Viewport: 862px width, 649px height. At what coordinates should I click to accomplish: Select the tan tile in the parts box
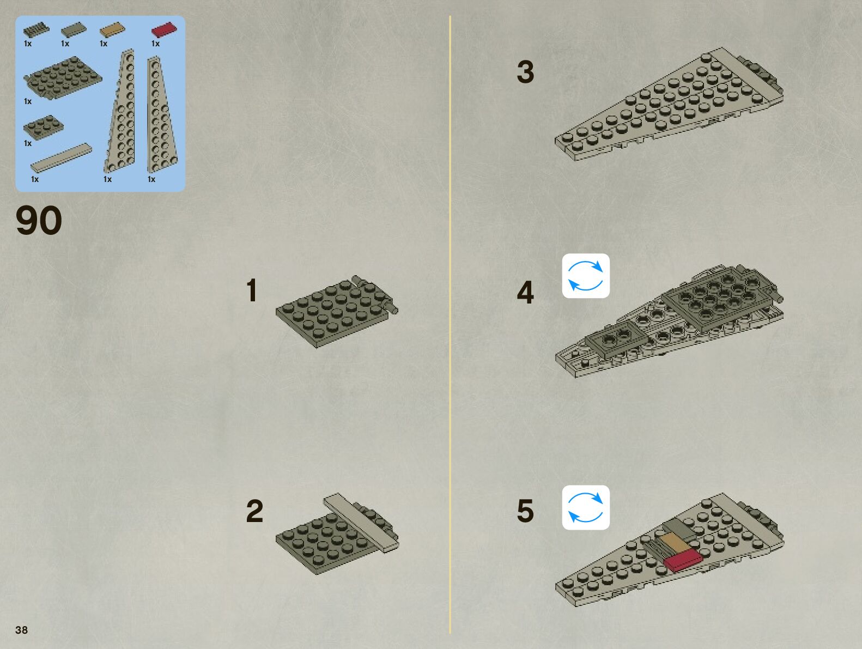pyautogui.click(x=112, y=28)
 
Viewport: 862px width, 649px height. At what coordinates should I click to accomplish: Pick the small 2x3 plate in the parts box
pyautogui.click(x=43, y=127)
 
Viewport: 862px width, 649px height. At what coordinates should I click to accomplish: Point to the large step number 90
pyautogui.click(x=39, y=221)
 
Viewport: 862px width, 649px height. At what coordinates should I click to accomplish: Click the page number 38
pyautogui.click(x=21, y=630)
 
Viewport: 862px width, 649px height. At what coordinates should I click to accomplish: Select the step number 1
pyautogui.click(x=251, y=290)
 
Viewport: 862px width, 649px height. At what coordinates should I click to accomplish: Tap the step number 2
pyautogui.click(x=254, y=511)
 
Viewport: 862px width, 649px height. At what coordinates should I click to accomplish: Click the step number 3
pyautogui.click(x=525, y=72)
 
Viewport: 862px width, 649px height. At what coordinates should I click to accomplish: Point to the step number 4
pyautogui.click(x=525, y=293)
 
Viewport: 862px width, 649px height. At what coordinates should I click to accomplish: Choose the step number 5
pyautogui.click(x=525, y=511)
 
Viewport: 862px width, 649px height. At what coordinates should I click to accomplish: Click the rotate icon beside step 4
pyautogui.click(x=586, y=276)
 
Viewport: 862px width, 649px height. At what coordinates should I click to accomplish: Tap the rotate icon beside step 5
pyautogui.click(x=586, y=507)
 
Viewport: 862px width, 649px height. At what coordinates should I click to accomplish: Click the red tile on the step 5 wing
pyautogui.click(x=683, y=560)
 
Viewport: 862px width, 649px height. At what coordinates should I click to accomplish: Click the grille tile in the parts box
pyautogui.click(x=36, y=28)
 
